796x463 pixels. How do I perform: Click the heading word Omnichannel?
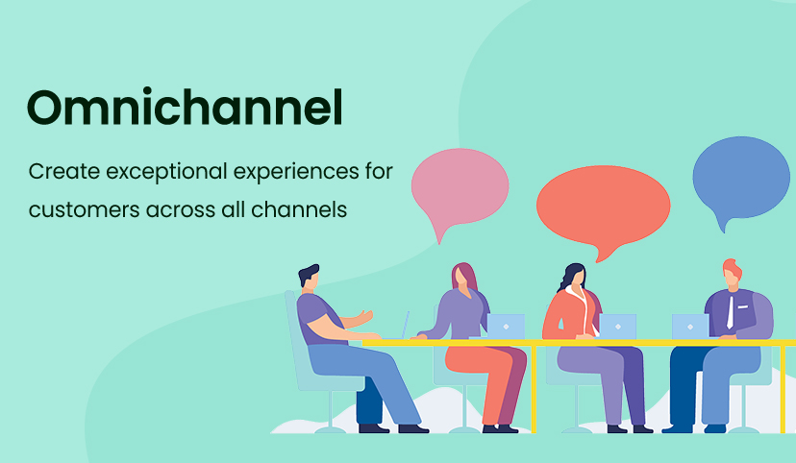[186, 107]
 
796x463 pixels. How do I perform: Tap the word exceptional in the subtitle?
[166, 172]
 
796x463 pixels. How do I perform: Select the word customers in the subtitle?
[84, 210]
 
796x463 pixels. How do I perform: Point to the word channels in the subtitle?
[299, 209]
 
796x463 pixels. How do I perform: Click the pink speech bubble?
[460, 187]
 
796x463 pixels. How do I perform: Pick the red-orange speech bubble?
[603, 207]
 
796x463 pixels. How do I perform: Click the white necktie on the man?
[730, 312]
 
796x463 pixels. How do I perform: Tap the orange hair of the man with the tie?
[732, 267]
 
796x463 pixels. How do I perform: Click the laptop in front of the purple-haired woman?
[506, 326]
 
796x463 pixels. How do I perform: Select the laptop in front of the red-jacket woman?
[618, 326]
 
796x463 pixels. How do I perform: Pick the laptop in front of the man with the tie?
[690, 326]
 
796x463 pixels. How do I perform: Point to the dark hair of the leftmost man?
[309, 274]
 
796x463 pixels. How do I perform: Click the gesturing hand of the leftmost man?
[363, 317]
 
